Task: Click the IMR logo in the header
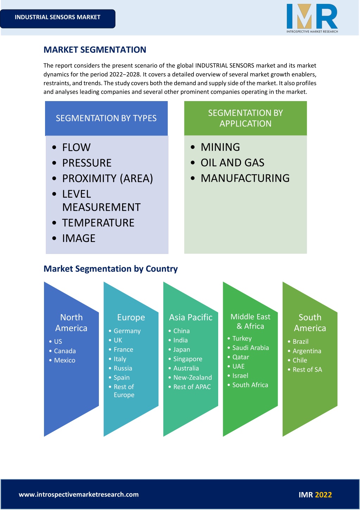coord(312,18)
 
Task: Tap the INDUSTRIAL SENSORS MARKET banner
coord(57,19)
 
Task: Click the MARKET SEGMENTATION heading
coord(95,50)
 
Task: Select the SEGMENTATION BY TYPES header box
coord(106,118)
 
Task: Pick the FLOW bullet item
coord(76,147)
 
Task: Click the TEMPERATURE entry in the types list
coord(98,223)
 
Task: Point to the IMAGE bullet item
coord(79,238)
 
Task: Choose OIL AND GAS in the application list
coord(232,163)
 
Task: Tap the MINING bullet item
coord(220,147)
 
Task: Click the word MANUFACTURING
coord(245,178)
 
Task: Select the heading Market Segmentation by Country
coord(110,269)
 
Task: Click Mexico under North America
coord(65,360)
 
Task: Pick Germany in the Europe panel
coord(127,331)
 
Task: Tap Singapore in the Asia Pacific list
coord(188,359)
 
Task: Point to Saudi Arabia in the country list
coord(251,348)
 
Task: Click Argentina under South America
coord(307,351)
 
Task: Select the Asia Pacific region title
coord(191,317)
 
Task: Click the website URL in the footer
coord(79,495)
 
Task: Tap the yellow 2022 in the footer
coord(323,495)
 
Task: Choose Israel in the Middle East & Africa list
coord(240,376)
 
